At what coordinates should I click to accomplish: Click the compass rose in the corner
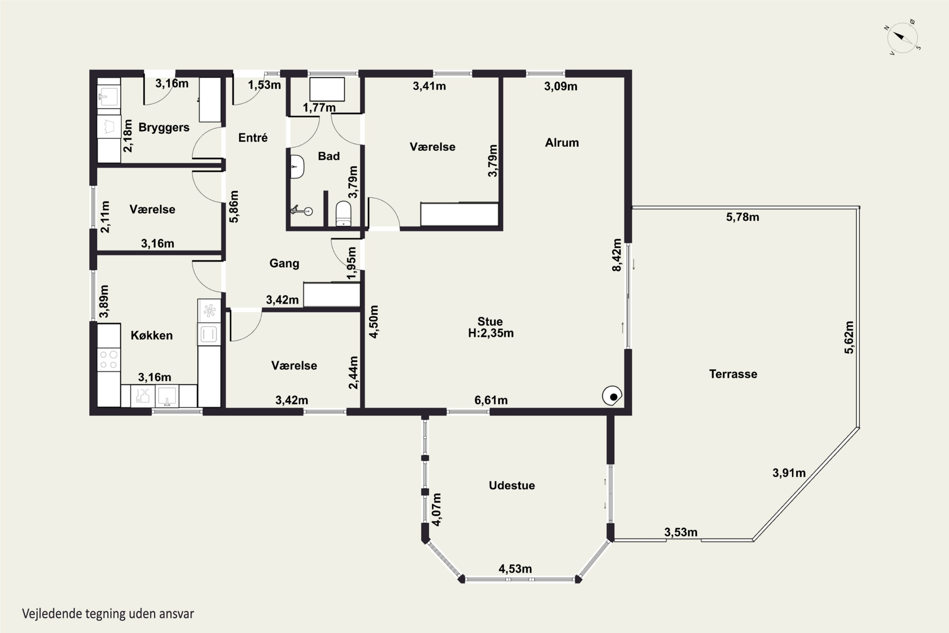pyautogui.click(x=902, y=38)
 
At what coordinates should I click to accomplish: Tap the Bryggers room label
pyautogui.click(x=164, y=128)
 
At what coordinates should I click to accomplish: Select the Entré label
pyautogui.click(x=253, y=138)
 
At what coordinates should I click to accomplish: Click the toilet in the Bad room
pyautogui.click(x=343, y=214)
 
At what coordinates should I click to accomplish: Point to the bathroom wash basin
pyautogui.click(x=297, y=166)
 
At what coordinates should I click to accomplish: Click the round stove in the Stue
pyautogui.click(x=612, y=396)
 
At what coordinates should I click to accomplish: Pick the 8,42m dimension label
pyautogui.click(x=617, y=255)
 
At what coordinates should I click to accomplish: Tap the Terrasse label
pyautogui.click(x=733, y=374)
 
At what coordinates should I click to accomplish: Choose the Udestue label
pyautogui.click(x=512, y=485)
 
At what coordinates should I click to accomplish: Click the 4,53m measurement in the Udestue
pyautogui.click(x=515, y=569)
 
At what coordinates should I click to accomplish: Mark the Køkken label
pyautogui.click(x=152, y=335)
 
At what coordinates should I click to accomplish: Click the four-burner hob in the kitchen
pyautogui.click(x=109, y=360)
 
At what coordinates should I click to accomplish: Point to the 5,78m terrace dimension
pyautogui.click(x=743, y=217)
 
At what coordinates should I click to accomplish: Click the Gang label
pyautogui.click(x=284, y=264)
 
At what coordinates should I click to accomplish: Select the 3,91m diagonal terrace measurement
pyautogui.click(x=789, y=473)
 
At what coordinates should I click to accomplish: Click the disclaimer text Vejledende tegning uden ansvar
pyautogui.click(x=108, y=614)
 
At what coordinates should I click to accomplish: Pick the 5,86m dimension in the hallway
pyautogui.click(x=234, y=206)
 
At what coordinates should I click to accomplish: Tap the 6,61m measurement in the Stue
pyautogui.click(x=491, y=400)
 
